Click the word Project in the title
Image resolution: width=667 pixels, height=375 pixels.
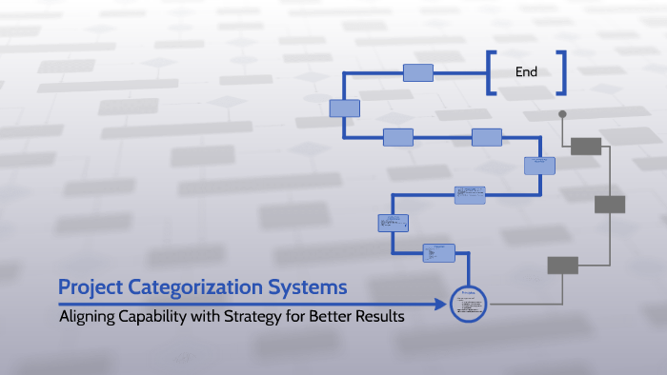click(x=90, y=286)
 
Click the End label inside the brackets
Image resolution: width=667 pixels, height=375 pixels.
click(x=526, y=72)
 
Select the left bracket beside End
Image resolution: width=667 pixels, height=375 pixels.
click(x=491, y=72)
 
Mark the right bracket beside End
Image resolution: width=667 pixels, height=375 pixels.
click(x=562, y=72)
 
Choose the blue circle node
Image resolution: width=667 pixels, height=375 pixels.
click(x=468, y=304)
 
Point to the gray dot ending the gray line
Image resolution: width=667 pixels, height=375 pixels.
click(x=562, y=114)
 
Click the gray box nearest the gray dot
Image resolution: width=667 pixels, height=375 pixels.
click(x=585, y=146)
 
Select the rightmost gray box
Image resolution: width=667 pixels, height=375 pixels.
click(x=610, y=204)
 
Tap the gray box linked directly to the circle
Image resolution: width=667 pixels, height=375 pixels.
click(x=562, y=266)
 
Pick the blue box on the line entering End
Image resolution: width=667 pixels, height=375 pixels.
click(x=417, y=72)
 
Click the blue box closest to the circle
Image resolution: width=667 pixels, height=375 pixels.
click(x=439, y=252)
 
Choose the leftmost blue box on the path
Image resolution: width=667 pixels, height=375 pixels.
click(x=344, y=108)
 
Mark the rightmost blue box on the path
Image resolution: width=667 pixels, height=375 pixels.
click(x=539, y=166)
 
